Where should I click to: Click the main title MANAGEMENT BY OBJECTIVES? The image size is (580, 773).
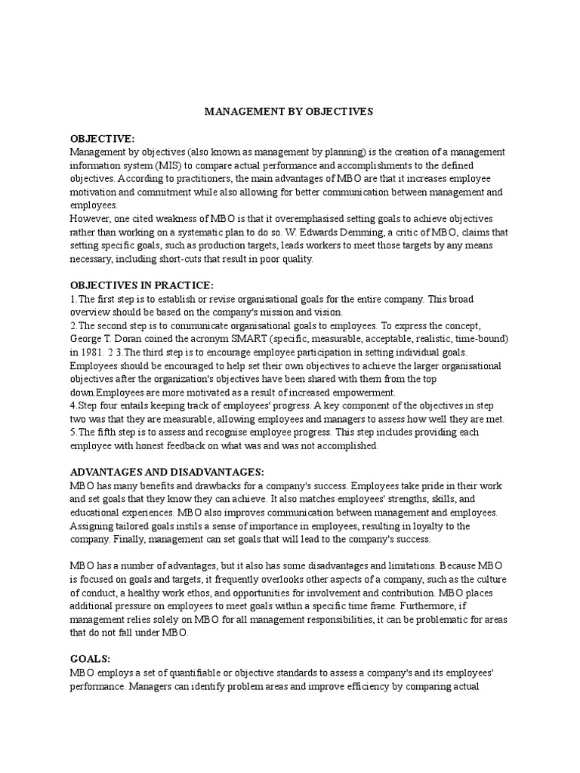click(x=290, y=112)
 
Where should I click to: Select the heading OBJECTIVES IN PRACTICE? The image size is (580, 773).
click(x=142, y=285)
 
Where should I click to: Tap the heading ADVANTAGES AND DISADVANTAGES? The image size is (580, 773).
click(x=167, y=472)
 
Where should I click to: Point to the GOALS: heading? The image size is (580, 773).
click(x=90, y=658)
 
